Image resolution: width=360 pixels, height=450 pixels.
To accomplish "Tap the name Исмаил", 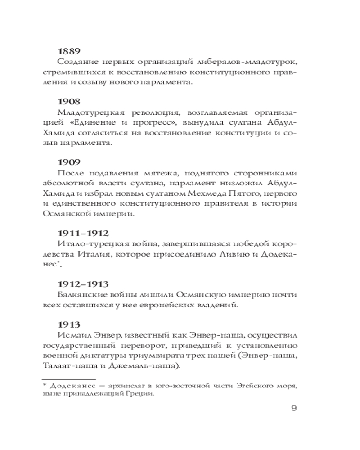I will (x=72, y=336).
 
